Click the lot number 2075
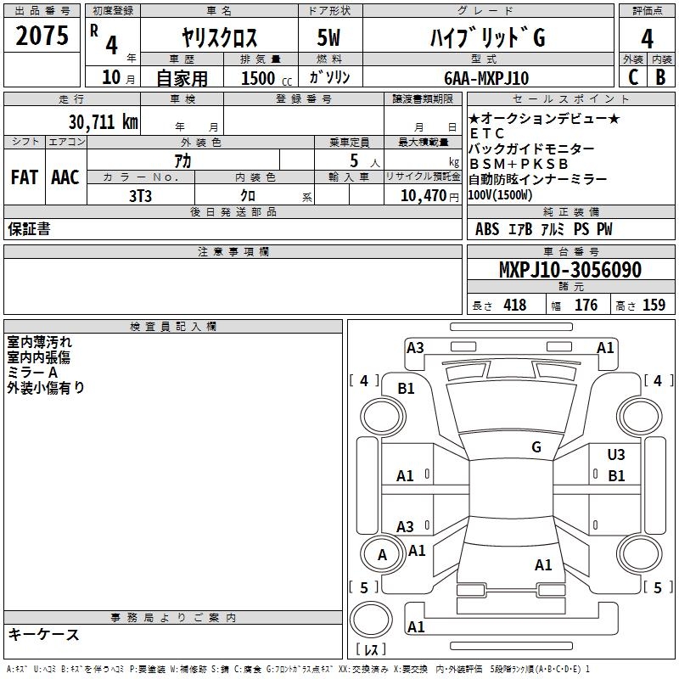pos(42,36)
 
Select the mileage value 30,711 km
pos(104,122)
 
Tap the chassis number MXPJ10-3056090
pos(570,270)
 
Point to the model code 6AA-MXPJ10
pos(486,78)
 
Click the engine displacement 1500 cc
pos(267,78)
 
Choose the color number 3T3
pos(140,196)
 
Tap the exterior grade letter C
pos(633,77)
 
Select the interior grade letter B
pos(660,77)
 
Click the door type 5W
pos(328,37)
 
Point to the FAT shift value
pos(25,177)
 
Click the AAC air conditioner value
pos(65,177)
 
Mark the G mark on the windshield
pos(536,447)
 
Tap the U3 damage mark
pos(616,455)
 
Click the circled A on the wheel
pos(382,555)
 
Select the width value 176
pos(586,305)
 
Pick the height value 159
pos(654,305)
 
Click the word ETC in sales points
pos(486,133)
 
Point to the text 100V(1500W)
pos(500,195)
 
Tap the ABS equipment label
pos(487,229)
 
